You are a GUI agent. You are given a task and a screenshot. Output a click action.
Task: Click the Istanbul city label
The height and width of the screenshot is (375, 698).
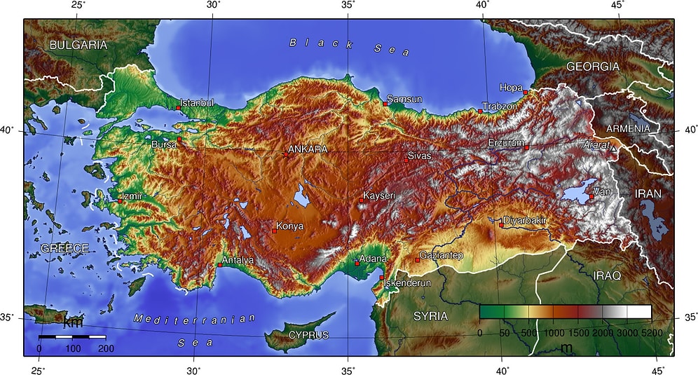[x=197, y=103]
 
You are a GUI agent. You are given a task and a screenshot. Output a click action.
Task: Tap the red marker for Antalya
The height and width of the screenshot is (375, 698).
[x=219, y=265]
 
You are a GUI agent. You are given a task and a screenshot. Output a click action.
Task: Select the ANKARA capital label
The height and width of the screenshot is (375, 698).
[x=308, y=149]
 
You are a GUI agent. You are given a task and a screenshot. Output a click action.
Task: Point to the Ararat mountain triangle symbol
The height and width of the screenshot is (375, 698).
[x=614, y=149]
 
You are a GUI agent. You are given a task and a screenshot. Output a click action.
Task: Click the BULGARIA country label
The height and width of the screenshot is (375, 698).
[x=78, y=45]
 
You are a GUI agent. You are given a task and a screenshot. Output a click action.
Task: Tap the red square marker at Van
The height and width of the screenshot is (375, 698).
[x=591, y=197]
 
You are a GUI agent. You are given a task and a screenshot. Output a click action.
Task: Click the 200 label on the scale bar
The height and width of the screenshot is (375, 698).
[x=107, y=348]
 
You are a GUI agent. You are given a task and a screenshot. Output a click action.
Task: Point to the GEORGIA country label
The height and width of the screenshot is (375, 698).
[x=592, y=67]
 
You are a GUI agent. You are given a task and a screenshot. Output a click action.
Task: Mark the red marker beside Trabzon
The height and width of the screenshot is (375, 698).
[x=480, y=111]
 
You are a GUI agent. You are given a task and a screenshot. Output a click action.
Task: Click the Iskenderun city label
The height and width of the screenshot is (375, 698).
[x=409, y=283]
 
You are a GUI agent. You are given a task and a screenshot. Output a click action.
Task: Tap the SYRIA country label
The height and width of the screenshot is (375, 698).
[x=430, y=316]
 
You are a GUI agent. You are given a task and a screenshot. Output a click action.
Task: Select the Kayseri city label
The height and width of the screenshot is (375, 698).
[x=379, y=195]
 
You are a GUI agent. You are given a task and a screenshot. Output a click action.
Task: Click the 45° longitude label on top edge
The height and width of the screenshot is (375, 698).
[x=617, y=5]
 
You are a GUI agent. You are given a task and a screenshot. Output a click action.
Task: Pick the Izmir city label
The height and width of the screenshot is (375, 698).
[x=132, y=196]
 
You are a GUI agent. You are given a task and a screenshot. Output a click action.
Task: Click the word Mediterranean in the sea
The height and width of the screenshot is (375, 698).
[x=195, y=319]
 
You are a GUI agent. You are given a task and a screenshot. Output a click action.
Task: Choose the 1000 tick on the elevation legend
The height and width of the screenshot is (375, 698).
[x=554, y=333]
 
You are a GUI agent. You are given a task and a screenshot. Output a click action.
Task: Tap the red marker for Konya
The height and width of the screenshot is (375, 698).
[x=274, y=231]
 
